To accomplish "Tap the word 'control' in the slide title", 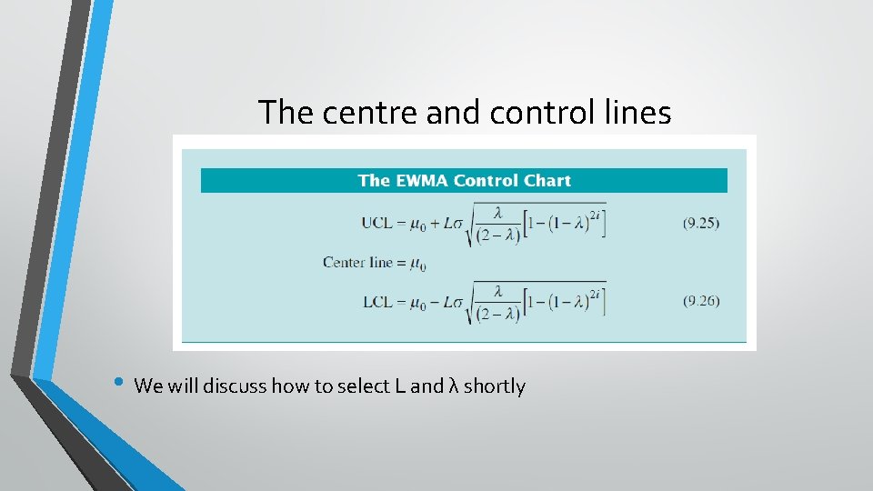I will click(x=527, y=113).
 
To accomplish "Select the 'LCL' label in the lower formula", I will click(x=376, y=302).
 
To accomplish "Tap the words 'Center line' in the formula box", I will click(x=357, y=263).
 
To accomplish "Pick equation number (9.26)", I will click(x=701, y=302).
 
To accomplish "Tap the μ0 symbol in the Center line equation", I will click(x=418, y=265).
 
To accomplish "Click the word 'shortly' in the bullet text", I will click(x=495, y=386).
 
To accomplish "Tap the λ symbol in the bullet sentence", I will click(x=453, y=386).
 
